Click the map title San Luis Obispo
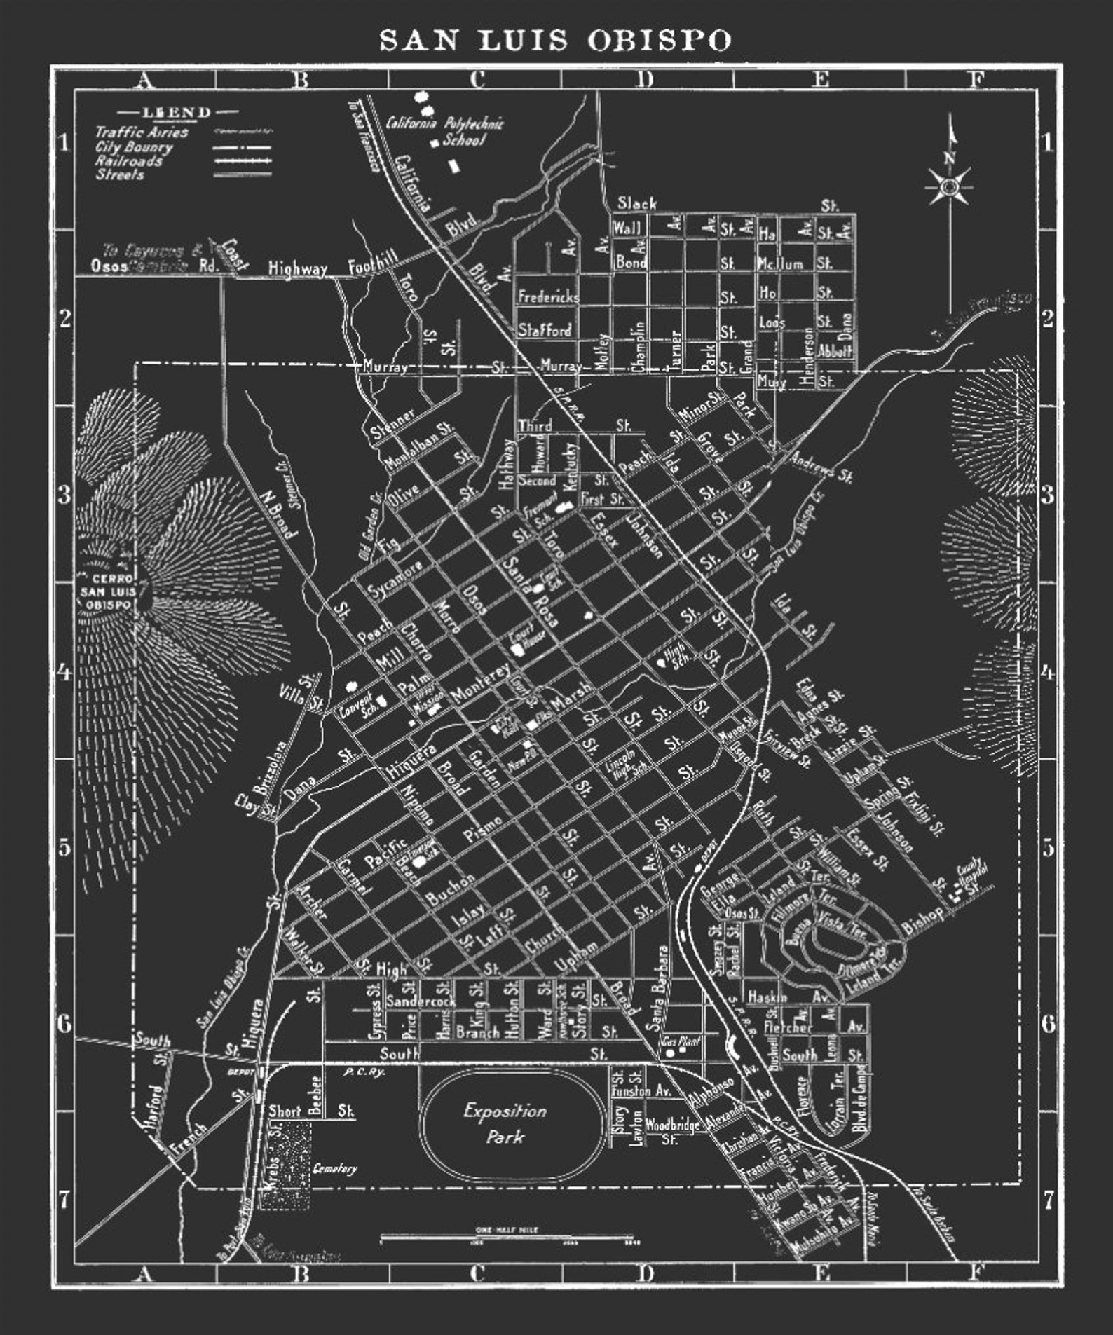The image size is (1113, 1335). coord(556,40)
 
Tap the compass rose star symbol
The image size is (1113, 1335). coord(949,186)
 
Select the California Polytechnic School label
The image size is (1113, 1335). coord(446,130)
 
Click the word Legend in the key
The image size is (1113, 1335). coord(177,112)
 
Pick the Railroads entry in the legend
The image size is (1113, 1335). coord(129,160)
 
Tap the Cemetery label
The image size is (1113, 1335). coord(334,1168)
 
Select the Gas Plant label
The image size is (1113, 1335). coord(681,1042)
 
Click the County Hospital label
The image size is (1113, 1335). coord(972,872)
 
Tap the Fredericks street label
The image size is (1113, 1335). coord(548,296)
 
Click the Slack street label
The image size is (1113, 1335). coord(636,203)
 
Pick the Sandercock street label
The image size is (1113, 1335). coord(421,1002)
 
